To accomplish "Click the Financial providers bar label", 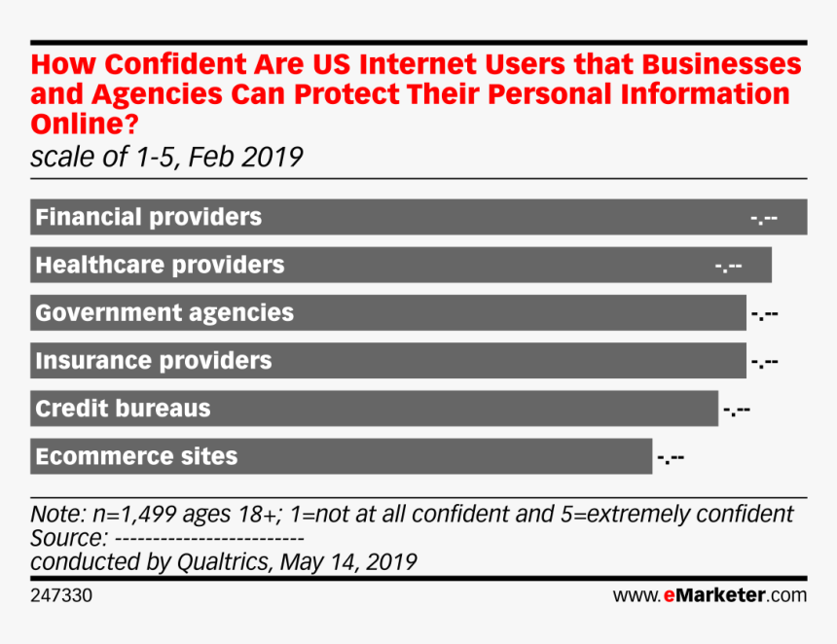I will pos(148,217).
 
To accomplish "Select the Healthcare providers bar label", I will pos(160,265).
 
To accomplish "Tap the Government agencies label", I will pos(164,313).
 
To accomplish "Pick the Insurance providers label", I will pos(153,361).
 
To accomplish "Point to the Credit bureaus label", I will pos(123,409).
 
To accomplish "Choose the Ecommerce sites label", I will pos(136,456).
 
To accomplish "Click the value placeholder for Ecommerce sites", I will pos(671,457).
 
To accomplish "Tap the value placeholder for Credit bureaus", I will pos(737,410).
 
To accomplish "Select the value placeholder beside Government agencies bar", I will pos(764,314).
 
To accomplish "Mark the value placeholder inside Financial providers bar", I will pos(764,218).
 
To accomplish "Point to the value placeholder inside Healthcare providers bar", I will pos(729,266).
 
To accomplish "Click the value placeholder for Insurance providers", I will pos(764,362).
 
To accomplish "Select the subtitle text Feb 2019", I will pos(249,157).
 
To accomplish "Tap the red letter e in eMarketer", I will pos(670,595).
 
